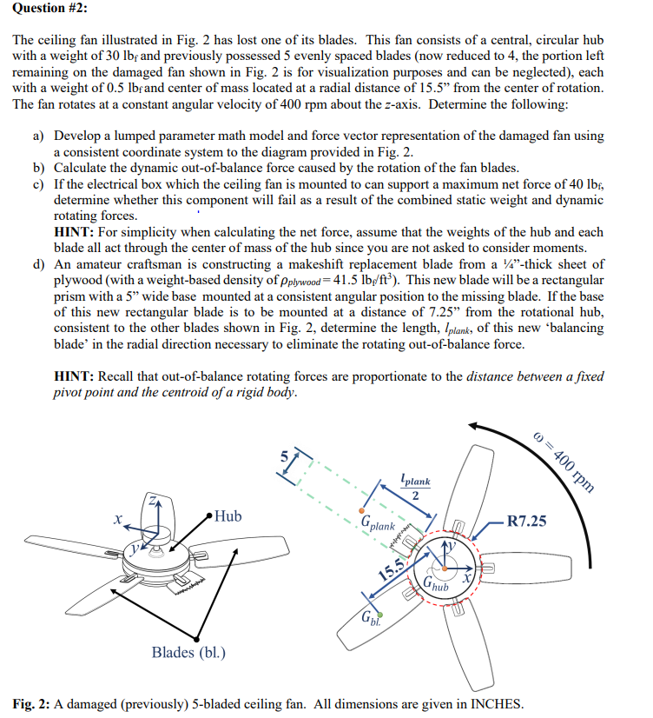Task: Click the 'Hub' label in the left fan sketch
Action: pyautogui.click(x=228, y=516)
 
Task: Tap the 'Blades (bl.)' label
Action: pyautogui.click(x=188, y=652)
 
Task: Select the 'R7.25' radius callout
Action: pyautogui.click(x=527, y=522)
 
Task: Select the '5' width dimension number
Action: pyautogui.click(x=281, y=454)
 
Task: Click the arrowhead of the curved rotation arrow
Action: pyautogui.click(x=472, y=425)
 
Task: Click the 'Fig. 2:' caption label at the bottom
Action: pyautogui.click(x=36, y=701)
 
